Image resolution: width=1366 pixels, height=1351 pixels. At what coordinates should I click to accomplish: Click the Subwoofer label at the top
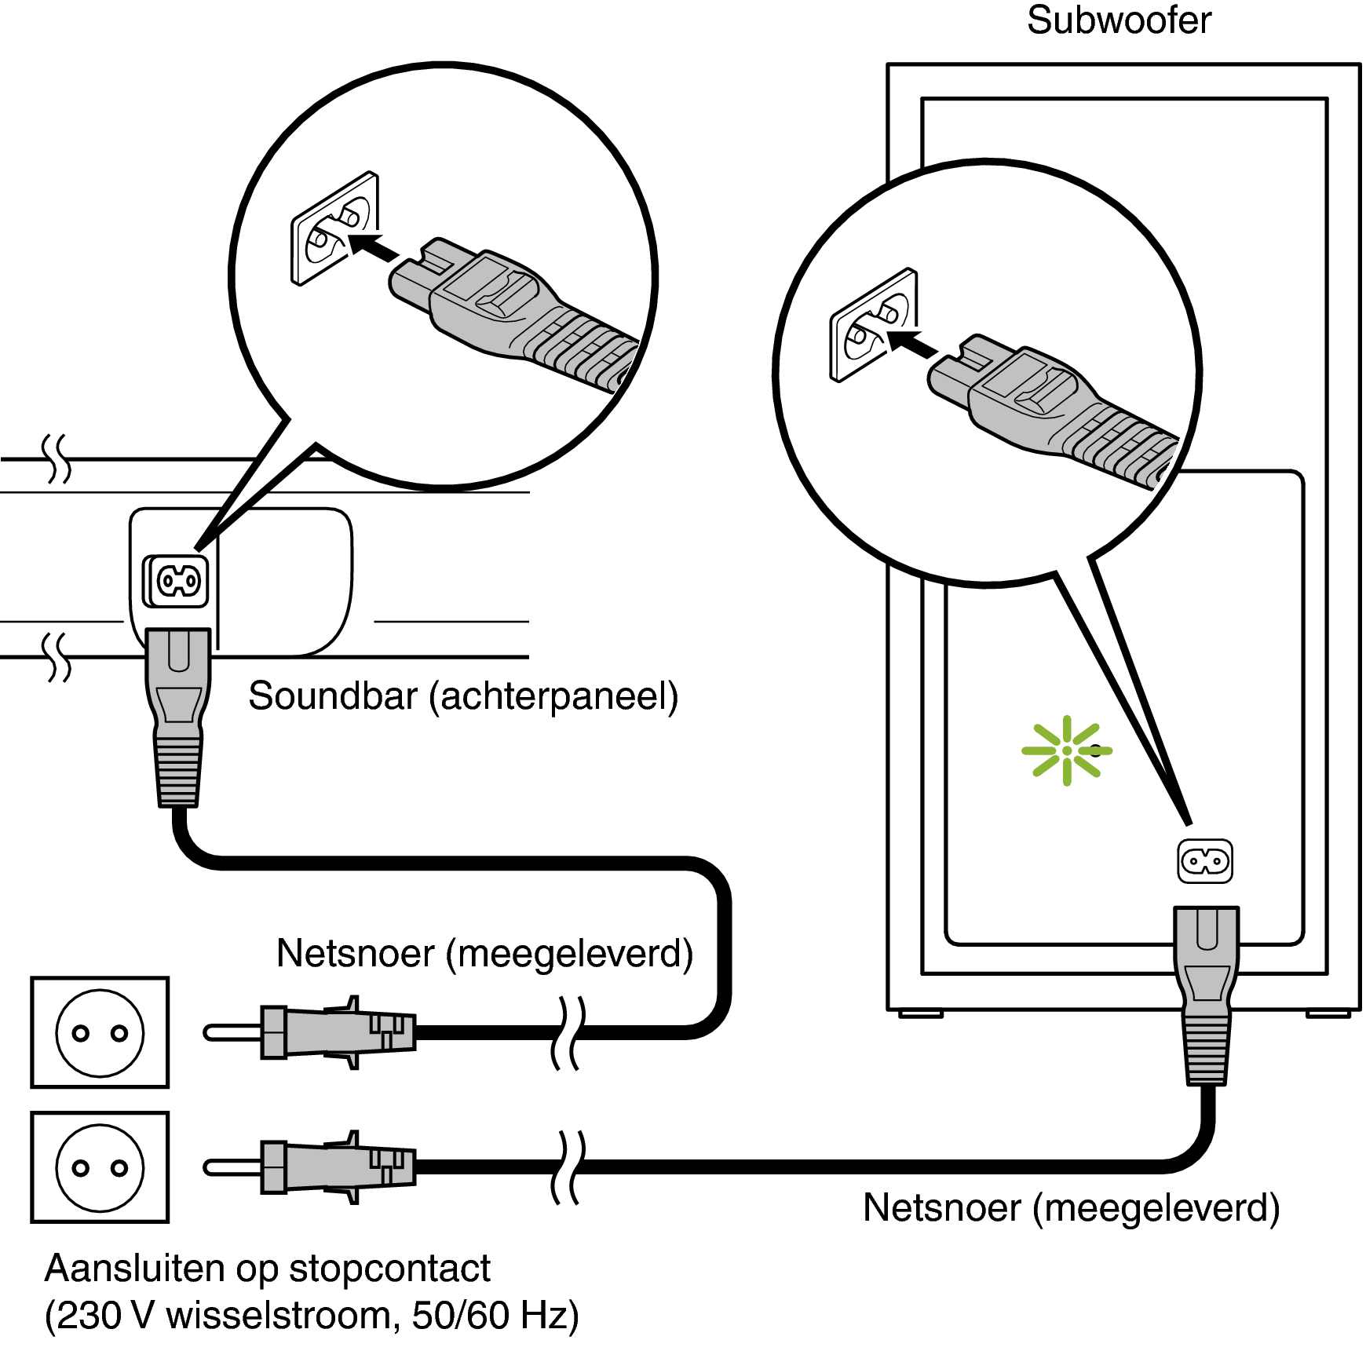coord(1118,20)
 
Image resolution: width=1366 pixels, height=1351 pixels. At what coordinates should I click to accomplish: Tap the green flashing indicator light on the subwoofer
coord(1066,750)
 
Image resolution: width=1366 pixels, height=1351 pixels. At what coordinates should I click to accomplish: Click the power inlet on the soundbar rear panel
coord(178,581)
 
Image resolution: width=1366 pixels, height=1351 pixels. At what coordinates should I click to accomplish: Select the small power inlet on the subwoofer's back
coord(1205,861)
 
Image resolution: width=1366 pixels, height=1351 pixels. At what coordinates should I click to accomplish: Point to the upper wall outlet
coord(100,1032)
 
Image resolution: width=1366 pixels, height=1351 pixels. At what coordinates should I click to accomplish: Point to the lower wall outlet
coord(100,1167)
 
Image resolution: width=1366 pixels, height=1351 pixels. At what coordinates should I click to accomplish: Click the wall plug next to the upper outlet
coord(330,1032)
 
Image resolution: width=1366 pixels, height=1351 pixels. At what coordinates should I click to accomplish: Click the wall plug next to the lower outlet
coord(330,1167)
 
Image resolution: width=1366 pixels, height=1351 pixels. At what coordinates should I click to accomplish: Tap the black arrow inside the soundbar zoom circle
coord(374,245)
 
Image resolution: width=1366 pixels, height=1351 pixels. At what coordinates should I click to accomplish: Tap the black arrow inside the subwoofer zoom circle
coord(912,342)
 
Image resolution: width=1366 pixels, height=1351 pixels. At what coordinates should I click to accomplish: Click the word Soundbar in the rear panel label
coord(332,696)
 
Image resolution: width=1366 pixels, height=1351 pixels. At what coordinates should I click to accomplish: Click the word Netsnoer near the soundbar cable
coord(355,954)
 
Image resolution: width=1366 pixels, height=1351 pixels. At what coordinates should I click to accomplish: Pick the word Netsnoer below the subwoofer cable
coord(941,1208)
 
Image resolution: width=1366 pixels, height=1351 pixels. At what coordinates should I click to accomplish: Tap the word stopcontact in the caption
coord(389,1269)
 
